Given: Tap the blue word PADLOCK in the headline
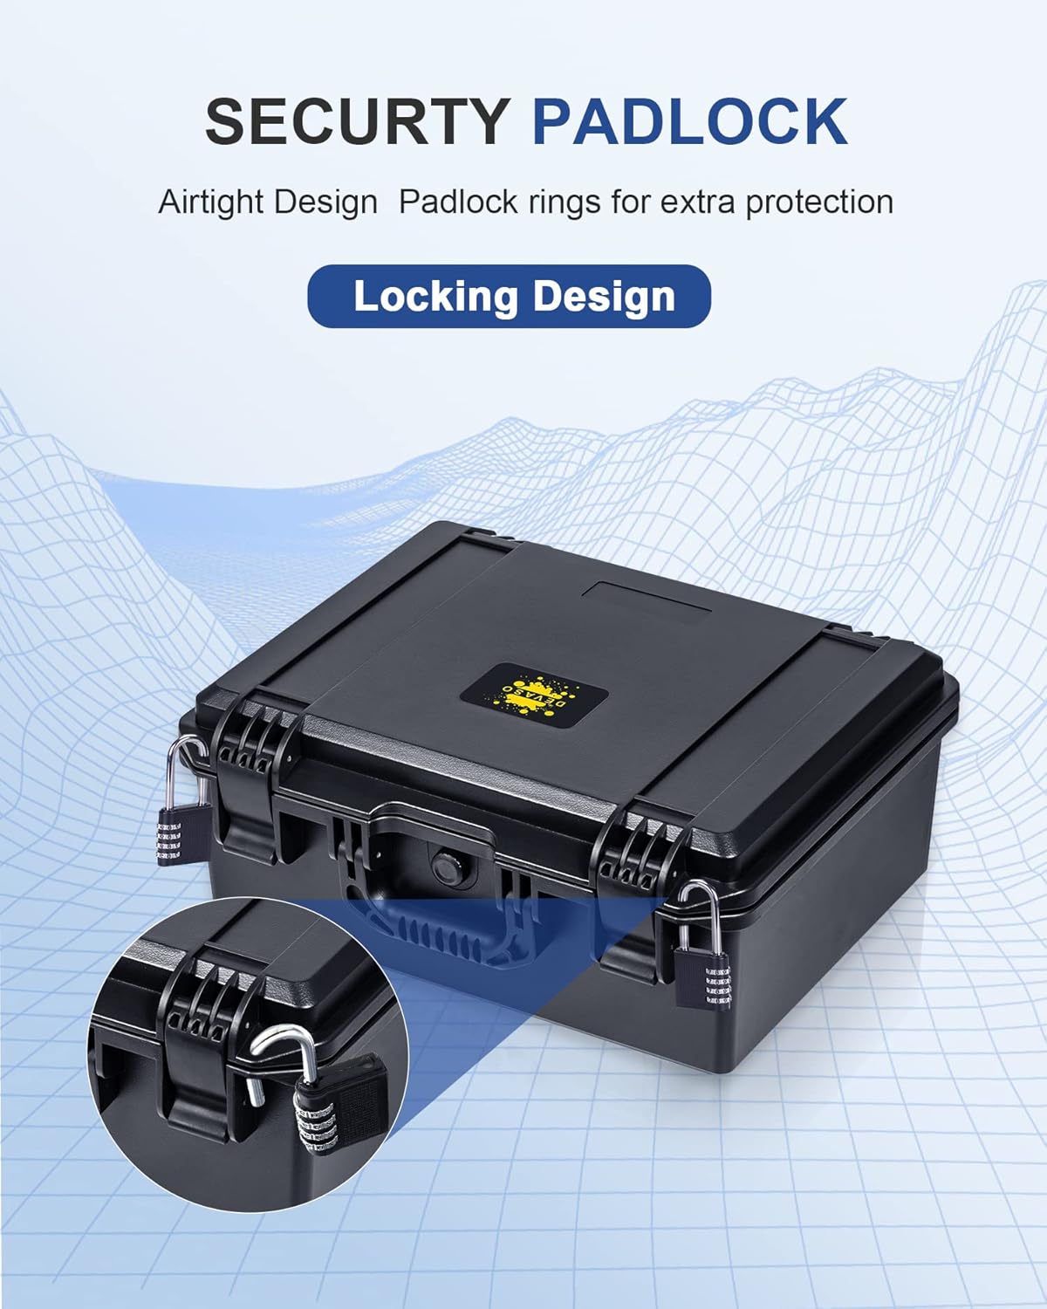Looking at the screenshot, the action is pos(690,121).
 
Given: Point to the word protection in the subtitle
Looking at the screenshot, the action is pos(819,202).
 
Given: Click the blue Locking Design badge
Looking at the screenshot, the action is pos(510,296).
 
